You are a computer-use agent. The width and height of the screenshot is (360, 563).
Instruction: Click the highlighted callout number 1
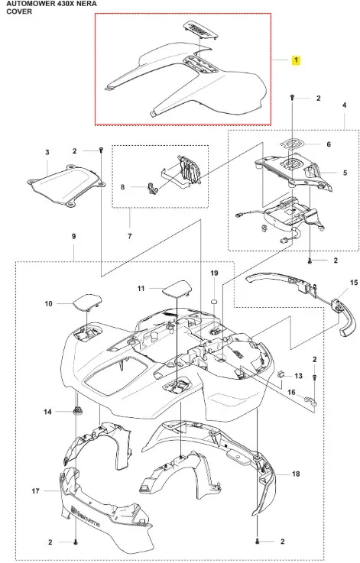click(x=296, y=60)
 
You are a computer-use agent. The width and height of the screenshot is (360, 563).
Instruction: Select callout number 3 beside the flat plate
click(x=47, y=153)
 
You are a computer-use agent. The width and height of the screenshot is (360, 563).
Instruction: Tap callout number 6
click(x=329, y=144)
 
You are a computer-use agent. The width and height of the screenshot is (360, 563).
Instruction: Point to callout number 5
click(x=345, y=173)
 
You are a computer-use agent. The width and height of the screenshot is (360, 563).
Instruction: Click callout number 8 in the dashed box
click(x=122, y=187)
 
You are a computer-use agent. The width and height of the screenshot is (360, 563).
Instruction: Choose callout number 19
click(x=214, y=273)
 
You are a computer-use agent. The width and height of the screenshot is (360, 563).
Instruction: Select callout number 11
click(x=141, y=288)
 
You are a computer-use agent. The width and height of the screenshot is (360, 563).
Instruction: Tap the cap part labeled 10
click(x=88, y=302)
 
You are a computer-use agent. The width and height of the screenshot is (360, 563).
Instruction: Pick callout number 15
click(x=354, y=283)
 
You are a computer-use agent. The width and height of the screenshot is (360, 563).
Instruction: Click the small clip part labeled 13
click(x=282, y=374)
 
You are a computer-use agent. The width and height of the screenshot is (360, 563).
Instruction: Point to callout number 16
click(x=291, y=392)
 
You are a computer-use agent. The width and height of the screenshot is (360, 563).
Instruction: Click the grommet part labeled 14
click(x=76, y=410)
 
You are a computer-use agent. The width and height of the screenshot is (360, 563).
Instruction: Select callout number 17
click(x=35, y=491)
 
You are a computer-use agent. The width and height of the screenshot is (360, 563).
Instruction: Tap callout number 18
click(x=296, y=474)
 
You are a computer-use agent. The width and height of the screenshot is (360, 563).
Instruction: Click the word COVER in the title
click(x=19, y=11)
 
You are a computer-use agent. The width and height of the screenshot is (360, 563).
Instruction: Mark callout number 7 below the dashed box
click(x=130, y=236)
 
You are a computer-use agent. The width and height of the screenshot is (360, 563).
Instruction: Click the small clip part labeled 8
click(x=152, y=188)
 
